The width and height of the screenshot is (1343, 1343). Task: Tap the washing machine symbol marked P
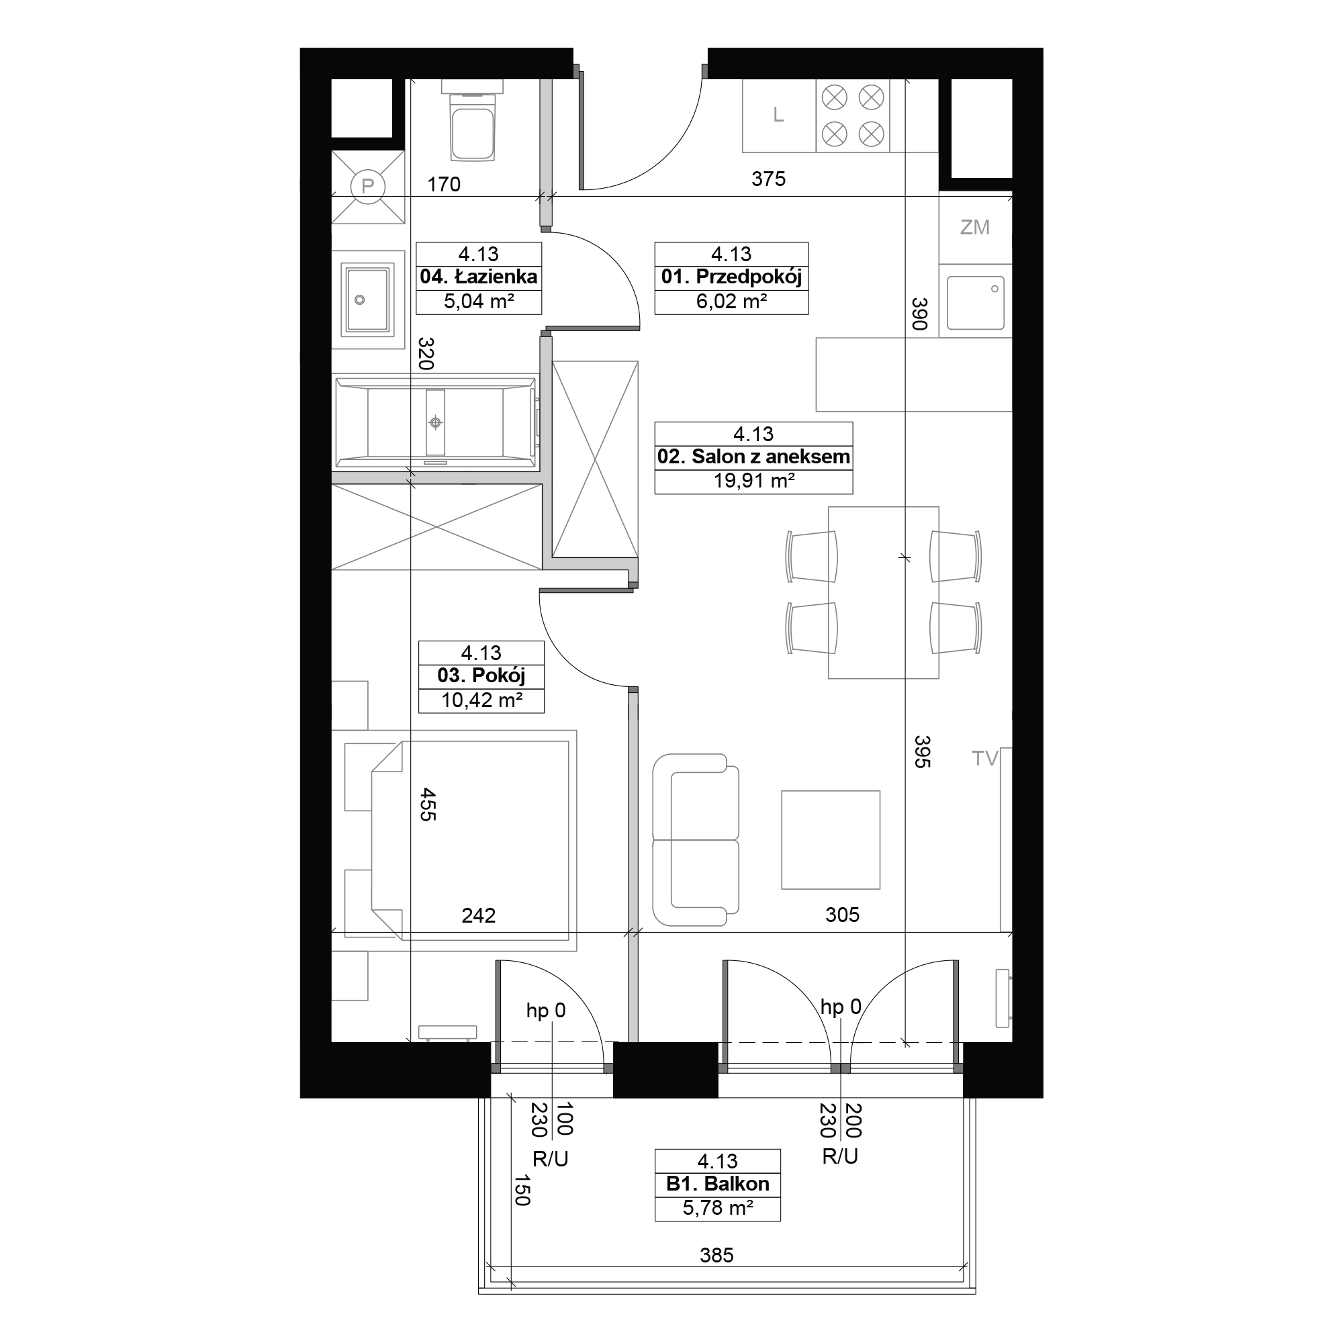(x=368, y=187)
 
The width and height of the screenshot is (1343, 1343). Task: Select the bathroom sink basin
(x=368, y=299)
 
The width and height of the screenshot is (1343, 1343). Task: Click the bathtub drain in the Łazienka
(x=436, y=422)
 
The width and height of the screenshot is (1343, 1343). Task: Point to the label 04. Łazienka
(x=479, y=277)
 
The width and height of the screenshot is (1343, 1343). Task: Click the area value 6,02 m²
(x=731, y=302)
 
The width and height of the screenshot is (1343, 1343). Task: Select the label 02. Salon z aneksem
(x=753, y=457)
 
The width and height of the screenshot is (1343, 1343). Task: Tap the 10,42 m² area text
(x=481, y=700)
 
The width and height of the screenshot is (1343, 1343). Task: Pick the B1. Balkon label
(x=717, y=1184)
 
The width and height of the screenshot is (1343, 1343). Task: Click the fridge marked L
(x=779, y=115)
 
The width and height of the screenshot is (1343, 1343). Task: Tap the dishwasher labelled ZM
(x=975, y=228)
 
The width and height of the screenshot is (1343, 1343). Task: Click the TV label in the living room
(x=985, y=758)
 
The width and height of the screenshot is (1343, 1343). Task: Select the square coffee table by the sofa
(x=831, y=840)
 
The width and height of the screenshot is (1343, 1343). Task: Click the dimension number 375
(x=769, y=179)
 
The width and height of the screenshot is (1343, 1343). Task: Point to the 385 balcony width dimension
(x=716, y=1255)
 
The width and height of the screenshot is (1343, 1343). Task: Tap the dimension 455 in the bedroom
(x=428, y=804)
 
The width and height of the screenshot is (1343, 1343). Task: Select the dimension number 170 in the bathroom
(x=443, y=184)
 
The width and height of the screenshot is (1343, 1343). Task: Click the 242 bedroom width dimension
(x=479, y=915)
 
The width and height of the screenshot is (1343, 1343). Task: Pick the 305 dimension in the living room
(x=843, y=915)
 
